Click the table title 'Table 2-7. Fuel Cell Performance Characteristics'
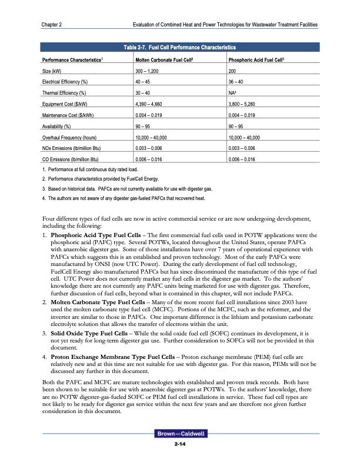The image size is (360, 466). pyautogui.click(x=180, y=46)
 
